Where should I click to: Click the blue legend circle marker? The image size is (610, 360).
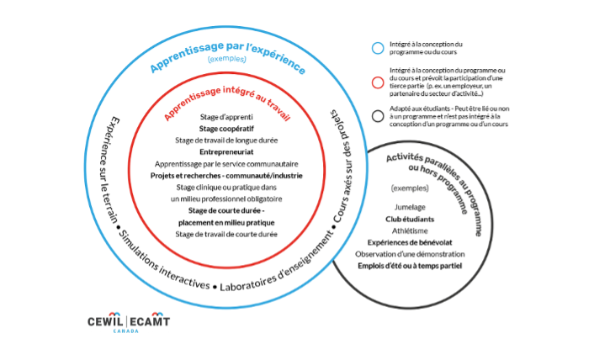378,47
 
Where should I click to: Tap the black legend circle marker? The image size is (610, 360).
378,118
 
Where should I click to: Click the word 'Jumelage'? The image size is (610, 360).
409,206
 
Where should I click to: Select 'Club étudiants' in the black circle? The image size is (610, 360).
409,218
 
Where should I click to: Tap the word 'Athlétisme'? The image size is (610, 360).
409,230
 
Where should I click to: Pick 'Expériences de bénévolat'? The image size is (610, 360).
409,241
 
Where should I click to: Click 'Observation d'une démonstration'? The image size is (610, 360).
409,253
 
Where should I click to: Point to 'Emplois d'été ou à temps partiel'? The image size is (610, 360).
409,265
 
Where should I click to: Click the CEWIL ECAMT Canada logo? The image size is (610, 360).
129,323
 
